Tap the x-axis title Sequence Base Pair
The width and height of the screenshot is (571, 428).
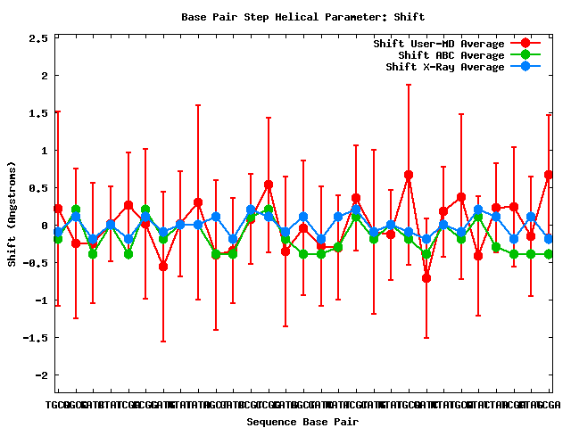(x=302, y=421)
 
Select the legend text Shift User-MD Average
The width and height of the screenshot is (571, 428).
(x=439, y=44)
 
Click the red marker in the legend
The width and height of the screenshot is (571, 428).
(x=525, y=44)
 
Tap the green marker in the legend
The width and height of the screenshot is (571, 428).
(x=525, y=55)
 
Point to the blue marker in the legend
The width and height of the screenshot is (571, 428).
(x=525, y=67)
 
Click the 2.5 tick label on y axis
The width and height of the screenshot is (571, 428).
(x=38, y=39)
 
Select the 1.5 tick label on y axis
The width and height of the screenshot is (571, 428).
(x=38, y=114)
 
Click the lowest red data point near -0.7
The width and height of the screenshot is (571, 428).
(x=426, y=278)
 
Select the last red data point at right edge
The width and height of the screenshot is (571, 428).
(x=549, y=175)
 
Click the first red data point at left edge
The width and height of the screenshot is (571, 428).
(x=58, y=209)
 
